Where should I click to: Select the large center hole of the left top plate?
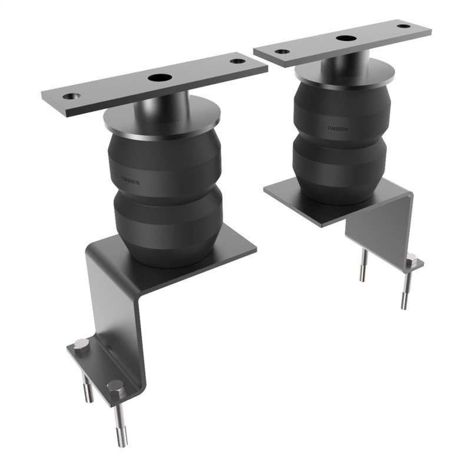pos(158,78)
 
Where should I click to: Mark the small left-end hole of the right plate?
pos(282,51)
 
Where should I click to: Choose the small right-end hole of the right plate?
pos(403,26)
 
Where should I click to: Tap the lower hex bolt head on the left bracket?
pos(115,387)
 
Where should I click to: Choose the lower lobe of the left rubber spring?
pos(168,227)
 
